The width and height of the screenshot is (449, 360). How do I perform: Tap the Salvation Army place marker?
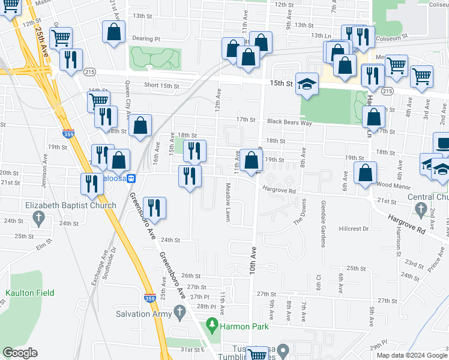pos(179,312)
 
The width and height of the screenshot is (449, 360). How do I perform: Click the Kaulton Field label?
pos(29,293)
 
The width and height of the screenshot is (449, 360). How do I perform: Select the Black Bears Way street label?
pos(290,122)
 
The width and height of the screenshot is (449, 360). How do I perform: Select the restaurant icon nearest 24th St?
pos(155,208)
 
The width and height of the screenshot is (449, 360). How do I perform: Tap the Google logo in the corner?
pos(20,353)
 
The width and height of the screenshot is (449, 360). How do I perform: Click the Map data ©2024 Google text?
pos(411,355)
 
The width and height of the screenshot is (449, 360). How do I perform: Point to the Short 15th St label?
pos(161,86)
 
